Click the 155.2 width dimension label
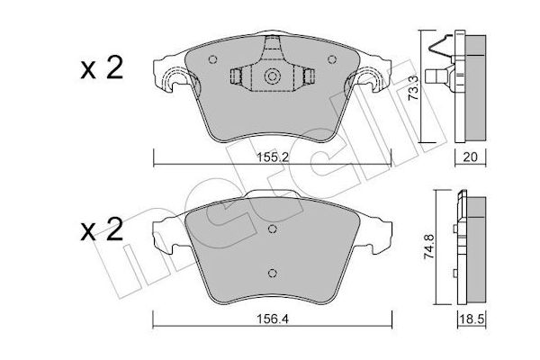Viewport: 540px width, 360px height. point(273,157)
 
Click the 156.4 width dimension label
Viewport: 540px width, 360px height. point(273,319)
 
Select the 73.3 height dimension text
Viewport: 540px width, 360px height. point(412,88)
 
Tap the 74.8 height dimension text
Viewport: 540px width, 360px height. point(429,247)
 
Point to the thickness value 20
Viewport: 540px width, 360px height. point(470,157)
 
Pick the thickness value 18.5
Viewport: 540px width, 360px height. point(472,319)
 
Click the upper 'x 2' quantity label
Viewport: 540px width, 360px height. point(102,68)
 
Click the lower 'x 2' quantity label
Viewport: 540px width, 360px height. point(102,229)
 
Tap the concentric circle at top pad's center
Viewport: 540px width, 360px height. point(272,76)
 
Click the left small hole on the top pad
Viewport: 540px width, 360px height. point(212,59)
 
